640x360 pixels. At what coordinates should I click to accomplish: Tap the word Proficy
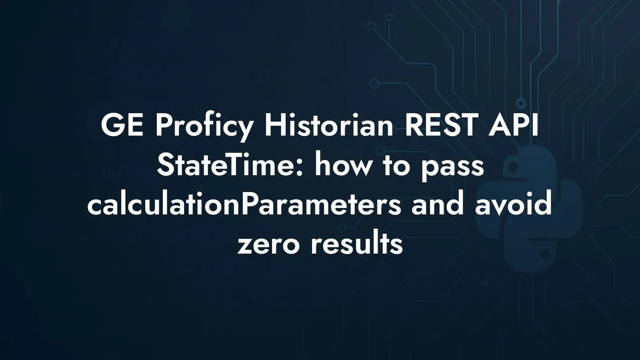pos(204,128)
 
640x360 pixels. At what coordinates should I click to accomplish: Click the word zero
pos(268,245)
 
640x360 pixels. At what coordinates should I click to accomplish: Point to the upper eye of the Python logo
pos(513,168)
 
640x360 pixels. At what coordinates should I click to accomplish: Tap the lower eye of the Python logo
pos(545,252)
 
